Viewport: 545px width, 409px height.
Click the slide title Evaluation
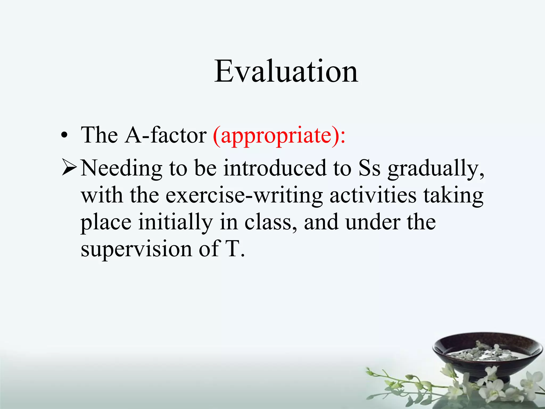point(286,71)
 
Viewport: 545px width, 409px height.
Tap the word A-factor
point(166,135)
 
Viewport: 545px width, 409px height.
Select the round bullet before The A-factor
point(64,136)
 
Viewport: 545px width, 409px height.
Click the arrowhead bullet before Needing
point(69,168)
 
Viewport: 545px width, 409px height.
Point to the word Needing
point(121,168)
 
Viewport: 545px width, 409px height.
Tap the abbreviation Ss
point(369,168)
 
